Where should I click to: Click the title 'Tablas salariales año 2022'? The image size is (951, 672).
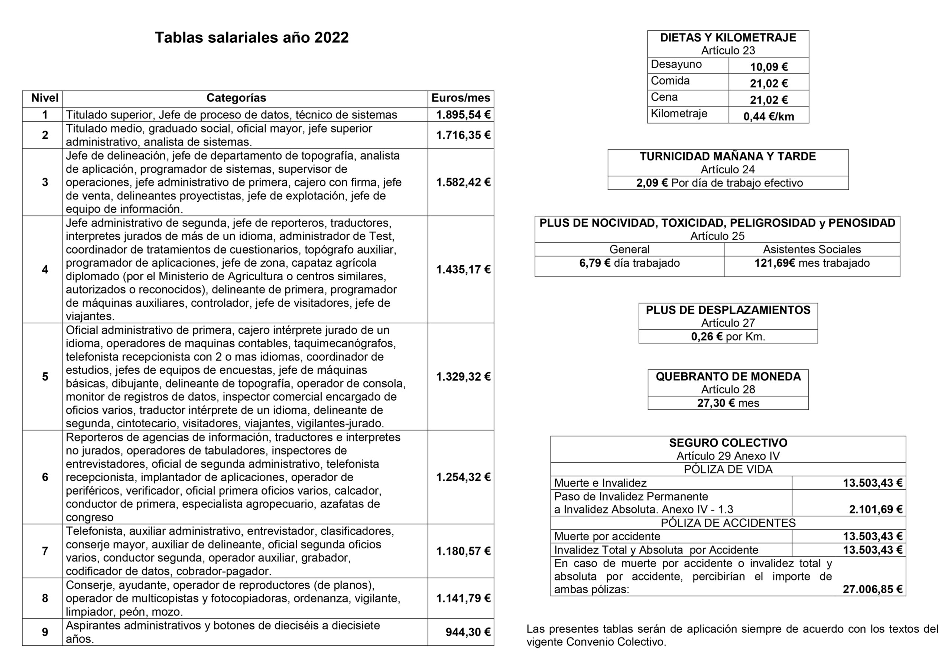click(251, 37)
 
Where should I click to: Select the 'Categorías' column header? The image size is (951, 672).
click(236, 98)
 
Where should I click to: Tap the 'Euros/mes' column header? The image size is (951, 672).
click(461, 98)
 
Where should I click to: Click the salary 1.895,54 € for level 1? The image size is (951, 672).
click(463, 115)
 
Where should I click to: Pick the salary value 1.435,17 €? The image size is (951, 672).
click(463, 270)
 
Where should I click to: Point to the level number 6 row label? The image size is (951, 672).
click(45, 477)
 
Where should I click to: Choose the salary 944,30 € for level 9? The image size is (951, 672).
click(468, 632)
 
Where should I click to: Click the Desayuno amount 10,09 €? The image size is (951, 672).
click(769, 67)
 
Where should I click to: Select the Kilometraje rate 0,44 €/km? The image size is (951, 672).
click(769, 116)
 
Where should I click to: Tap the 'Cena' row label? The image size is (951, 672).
click(664, 97)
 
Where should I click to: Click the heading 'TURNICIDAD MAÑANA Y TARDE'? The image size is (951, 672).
click(728, 157)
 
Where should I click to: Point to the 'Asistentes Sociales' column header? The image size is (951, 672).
click(812, 249)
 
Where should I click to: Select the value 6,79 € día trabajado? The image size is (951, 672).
click(629, 263)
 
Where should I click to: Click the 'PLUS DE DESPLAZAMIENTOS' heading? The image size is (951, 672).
click(728, 310)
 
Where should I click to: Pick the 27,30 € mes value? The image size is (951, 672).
click(728, 403)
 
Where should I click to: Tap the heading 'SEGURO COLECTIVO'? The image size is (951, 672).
click(728, 443)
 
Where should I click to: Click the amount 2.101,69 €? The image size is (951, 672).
click(875, 509)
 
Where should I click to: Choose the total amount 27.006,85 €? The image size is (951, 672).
click(872, 589)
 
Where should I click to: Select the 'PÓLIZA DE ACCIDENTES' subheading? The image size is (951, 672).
click(728, 523)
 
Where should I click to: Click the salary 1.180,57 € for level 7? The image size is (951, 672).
click(463, 551)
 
